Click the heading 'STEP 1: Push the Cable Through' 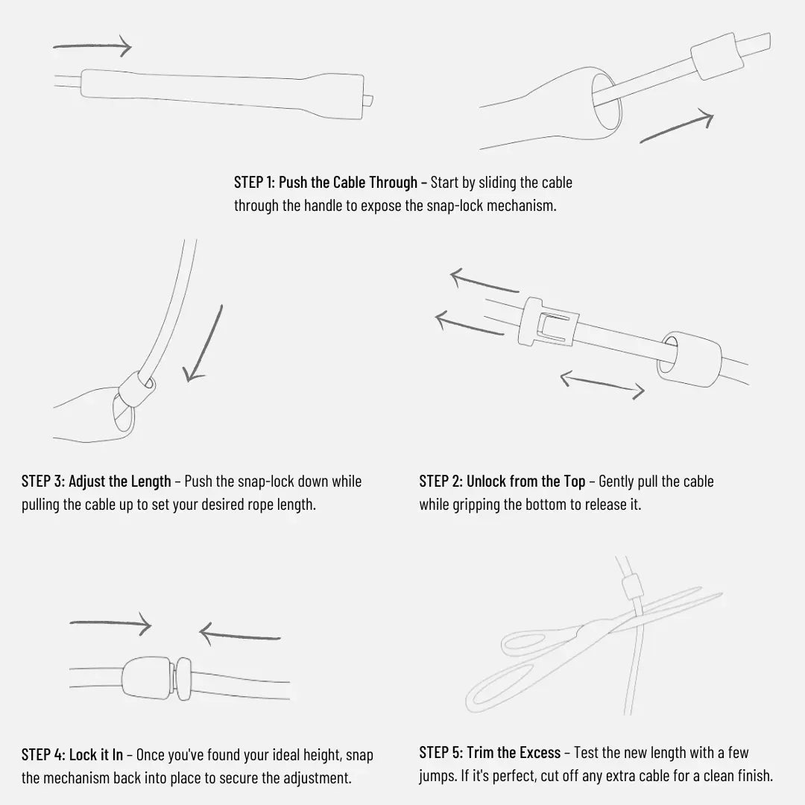pos(326,183)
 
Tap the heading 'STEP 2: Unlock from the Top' pos(502,481)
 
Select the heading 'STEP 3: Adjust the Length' pos(96,481)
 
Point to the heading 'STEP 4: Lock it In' pos(72,754)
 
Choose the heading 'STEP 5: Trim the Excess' pos(490,753)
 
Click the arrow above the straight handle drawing pos(92,46)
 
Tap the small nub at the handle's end pos(368,100)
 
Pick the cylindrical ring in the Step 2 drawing pos(689,359)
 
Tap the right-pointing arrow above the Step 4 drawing pos(111,625)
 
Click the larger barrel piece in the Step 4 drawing pos(146,678)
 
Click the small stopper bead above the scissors pos(633,587)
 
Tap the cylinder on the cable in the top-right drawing pos(717,57)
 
